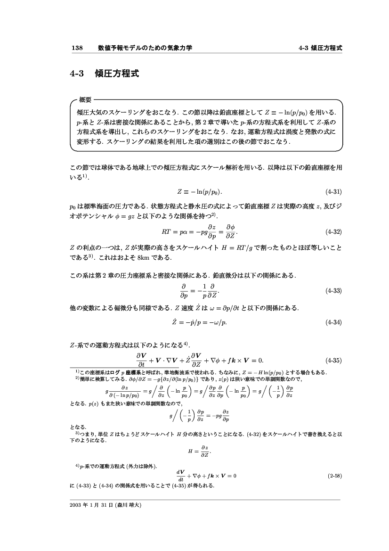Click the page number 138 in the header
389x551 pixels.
coord(77,48)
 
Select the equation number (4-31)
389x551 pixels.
coord(333,192)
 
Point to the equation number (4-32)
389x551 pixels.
coord(333,232)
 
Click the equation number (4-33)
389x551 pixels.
coord(333,291)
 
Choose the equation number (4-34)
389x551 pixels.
coord(333,322)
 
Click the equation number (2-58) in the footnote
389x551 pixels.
coord(335,476)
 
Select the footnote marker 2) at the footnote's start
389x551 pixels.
coord(78,378)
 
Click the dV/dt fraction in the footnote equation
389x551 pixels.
coord(180,475)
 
